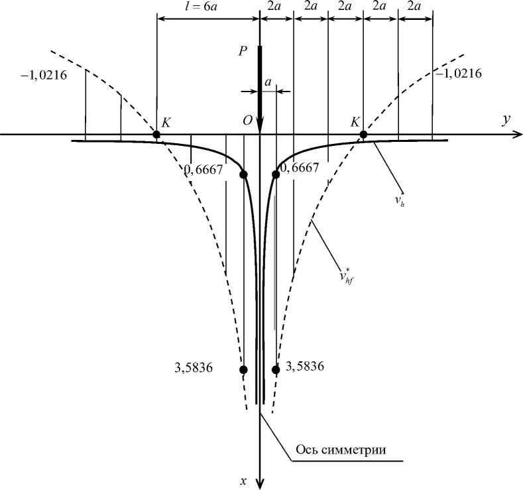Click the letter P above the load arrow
click(243, 50)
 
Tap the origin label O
click(247, 121)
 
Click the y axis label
click(505, 119)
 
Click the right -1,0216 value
click(458, 73)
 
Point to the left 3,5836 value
click(190, 369)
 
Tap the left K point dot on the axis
click(156, 135)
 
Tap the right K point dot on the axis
click(363, 135)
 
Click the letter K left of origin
click(166, 122)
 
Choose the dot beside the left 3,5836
click(243, 369)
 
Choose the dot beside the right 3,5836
click(276, 369)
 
